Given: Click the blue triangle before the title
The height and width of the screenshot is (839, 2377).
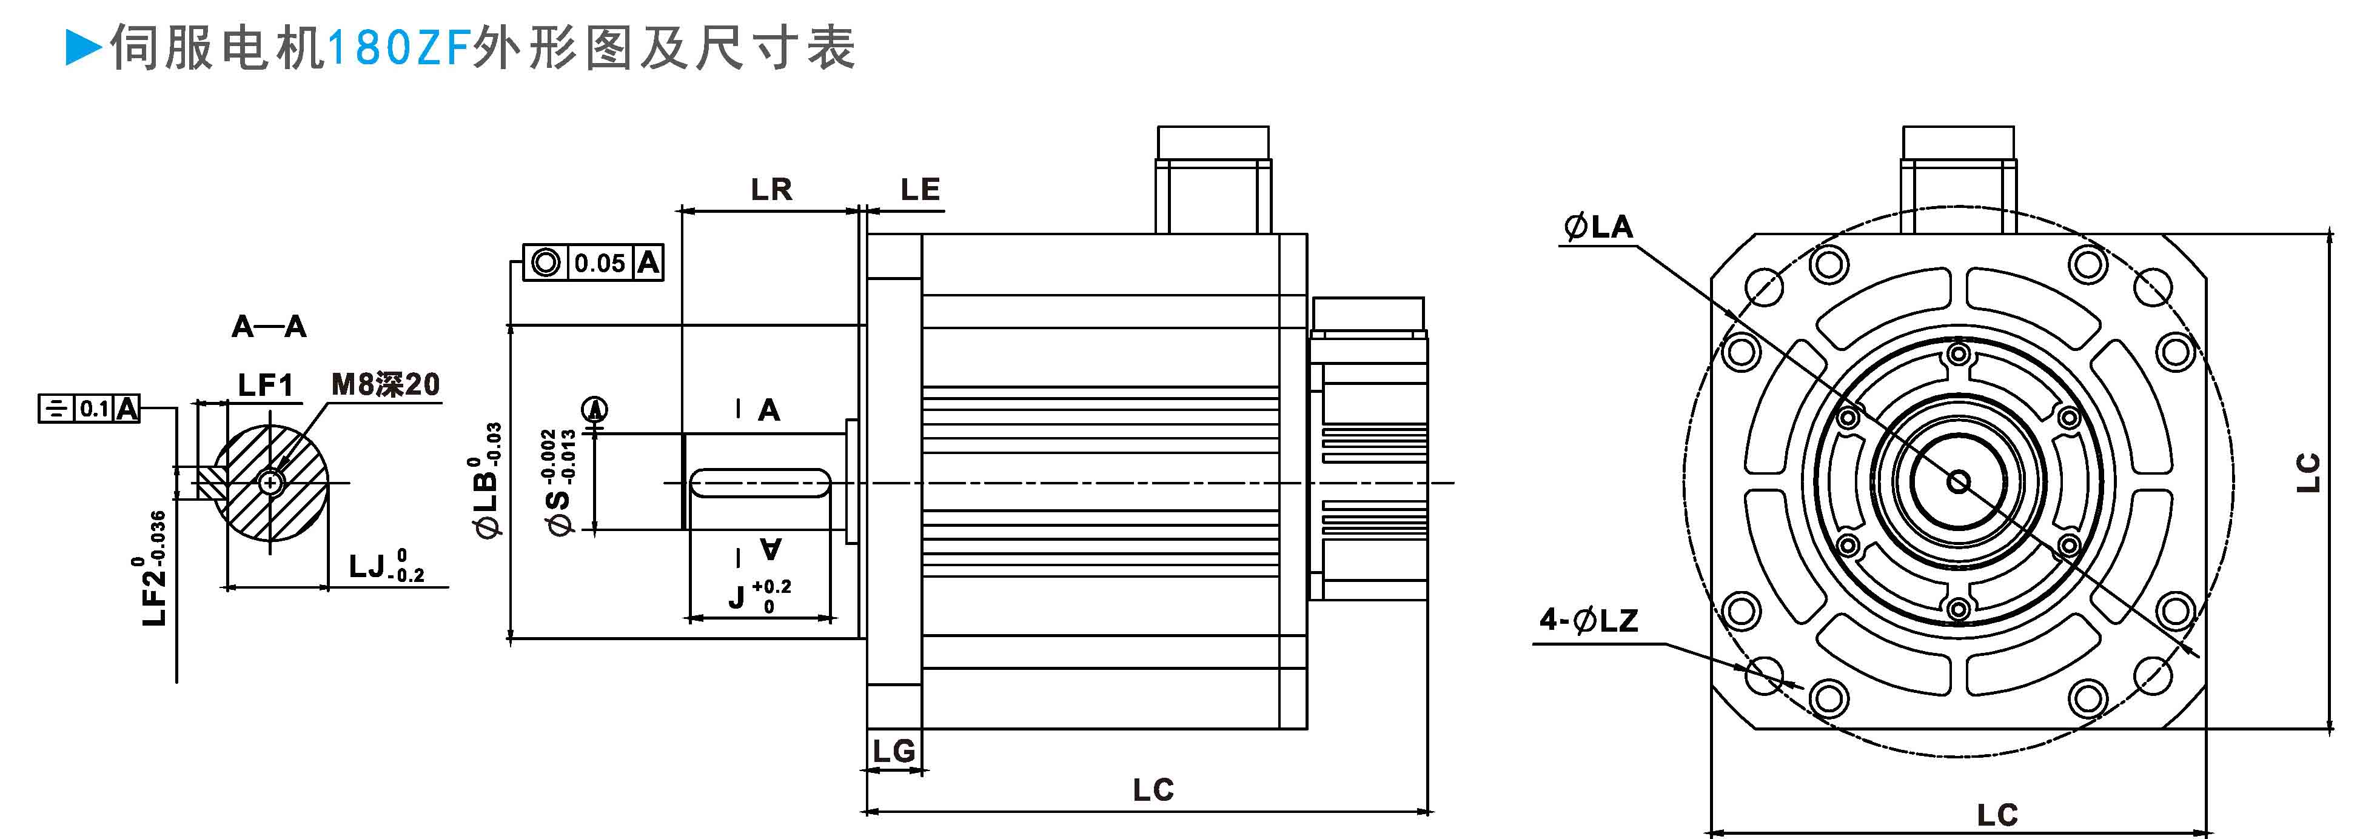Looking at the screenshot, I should coord(84,48).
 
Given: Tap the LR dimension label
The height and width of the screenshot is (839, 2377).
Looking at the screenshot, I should coord(771,190).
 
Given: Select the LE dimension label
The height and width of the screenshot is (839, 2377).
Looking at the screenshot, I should coord(920,190).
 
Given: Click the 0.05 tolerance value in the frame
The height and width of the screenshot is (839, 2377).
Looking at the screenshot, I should coord(600,264).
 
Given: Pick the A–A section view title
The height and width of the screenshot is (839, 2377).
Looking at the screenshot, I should coord(269,326).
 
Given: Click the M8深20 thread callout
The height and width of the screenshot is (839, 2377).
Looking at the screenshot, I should coord(386,384).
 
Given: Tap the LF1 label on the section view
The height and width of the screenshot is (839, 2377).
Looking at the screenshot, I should coord(265,385).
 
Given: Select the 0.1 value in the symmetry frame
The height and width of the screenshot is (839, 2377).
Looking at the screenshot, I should coord(94,409).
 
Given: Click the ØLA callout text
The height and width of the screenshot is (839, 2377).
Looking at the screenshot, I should coord(1598,227).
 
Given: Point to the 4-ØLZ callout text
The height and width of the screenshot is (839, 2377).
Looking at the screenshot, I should coord(1588,620).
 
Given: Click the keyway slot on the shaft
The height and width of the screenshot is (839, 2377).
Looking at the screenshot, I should coord(759,483).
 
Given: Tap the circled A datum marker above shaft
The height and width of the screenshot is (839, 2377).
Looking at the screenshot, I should coord(596,408).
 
